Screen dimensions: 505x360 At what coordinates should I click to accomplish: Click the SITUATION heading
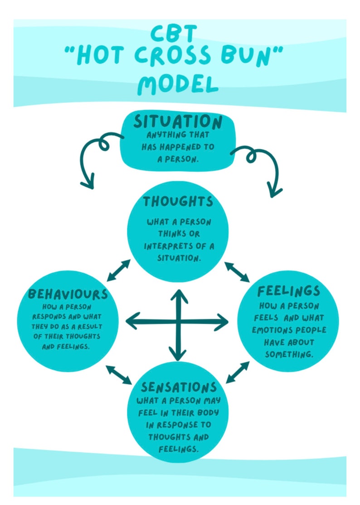point(178,122)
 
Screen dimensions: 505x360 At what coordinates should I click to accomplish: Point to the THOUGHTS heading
point(178,201)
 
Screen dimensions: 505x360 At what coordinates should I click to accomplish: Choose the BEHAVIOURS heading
point(68,294)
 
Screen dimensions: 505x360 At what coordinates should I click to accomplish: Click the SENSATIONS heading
point(178,387)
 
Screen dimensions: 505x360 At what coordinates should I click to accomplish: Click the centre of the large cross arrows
point(178,323)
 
